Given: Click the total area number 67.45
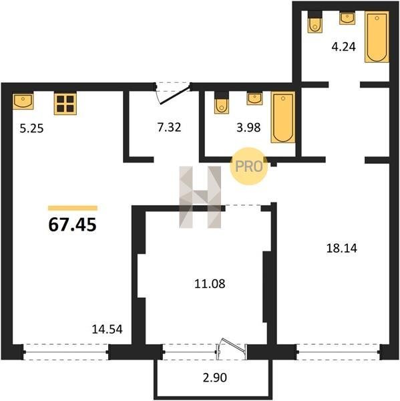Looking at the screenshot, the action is tap(72, 225).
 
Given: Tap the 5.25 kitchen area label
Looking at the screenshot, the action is tap(31, 128).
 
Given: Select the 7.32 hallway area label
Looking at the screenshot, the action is tap(169, 128).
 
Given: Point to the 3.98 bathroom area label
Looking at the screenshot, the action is tap(248, 128).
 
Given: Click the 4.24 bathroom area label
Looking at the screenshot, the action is tap(343, 47).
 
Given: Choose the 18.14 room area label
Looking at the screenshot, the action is tap(342, 249).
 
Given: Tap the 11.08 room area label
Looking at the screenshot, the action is tap(210, 284).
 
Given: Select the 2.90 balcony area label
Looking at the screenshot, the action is tap(215, 378).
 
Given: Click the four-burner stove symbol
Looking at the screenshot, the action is tap(65, 104).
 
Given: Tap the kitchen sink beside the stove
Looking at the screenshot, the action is tap(23, 100).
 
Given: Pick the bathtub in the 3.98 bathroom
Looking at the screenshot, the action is tap(283, 117).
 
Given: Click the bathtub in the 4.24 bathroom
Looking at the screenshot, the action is tap(377, 37).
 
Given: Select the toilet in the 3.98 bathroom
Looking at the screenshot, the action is tap(222, 102).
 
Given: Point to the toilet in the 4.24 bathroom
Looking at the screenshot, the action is tap(315, 22).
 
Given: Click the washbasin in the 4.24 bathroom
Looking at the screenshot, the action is tap(347, 18).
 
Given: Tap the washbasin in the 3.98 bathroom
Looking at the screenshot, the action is tap(254, 98).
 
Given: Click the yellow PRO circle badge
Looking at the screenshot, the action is tap(248, 166).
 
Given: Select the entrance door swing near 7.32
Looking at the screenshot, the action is tap(174, 94).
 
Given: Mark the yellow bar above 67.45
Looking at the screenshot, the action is tap(73, 208).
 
